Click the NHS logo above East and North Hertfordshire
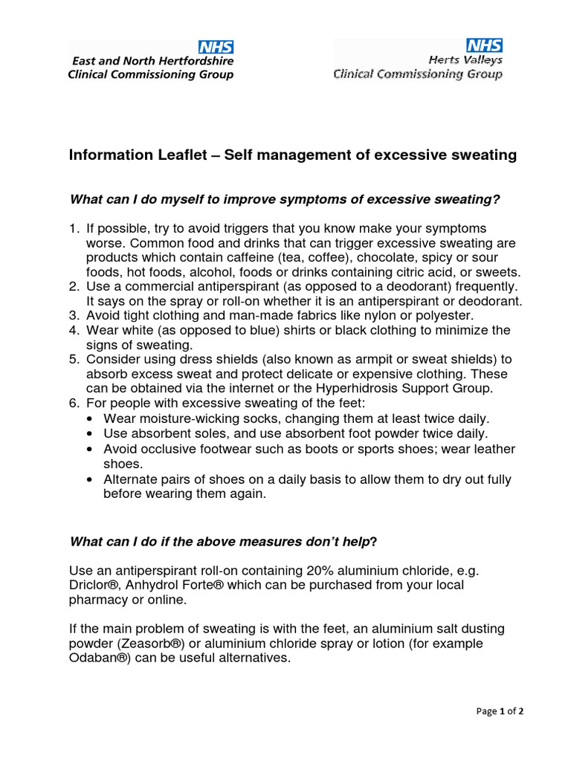tap(216, 46)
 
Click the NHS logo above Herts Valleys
tap(484, 45)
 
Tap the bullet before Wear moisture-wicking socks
tap(90, 418)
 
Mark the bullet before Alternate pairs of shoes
tap(90, 480)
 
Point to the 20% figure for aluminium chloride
tap(320, 571)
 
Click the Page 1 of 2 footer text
tap(500, 711)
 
